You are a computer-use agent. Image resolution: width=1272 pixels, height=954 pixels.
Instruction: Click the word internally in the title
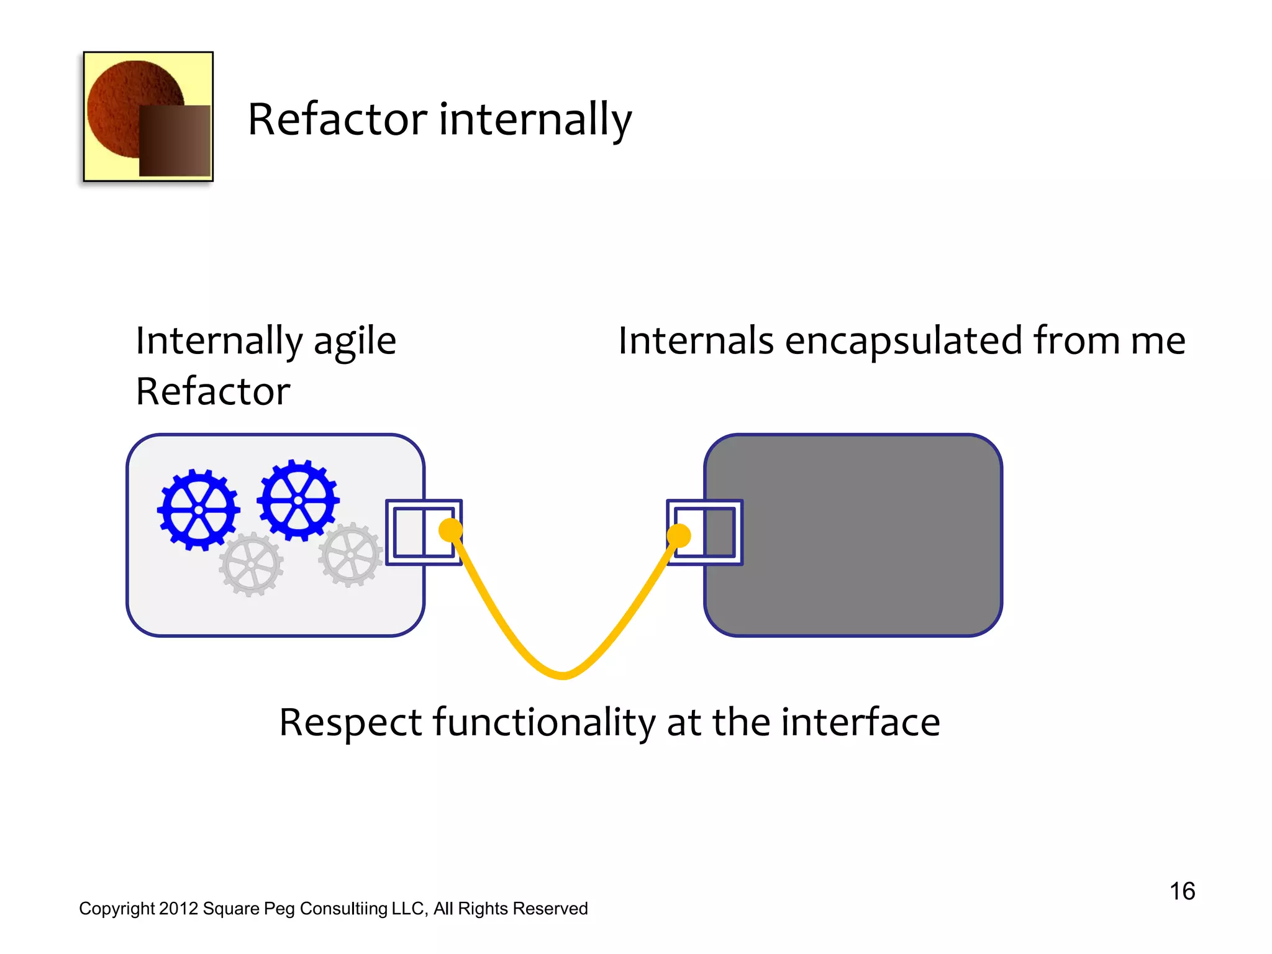(x=535, y=119)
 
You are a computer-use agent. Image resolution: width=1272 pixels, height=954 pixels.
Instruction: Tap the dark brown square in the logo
(x=175, y=140)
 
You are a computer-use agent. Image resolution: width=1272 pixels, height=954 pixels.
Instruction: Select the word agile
(x=354, y=342)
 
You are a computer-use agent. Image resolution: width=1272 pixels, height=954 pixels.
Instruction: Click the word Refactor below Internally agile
(x=213, y=392)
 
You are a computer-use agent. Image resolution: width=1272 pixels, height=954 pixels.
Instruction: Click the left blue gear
(x=199, y=510)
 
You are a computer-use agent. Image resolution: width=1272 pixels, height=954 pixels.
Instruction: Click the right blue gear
(x=298, y=500)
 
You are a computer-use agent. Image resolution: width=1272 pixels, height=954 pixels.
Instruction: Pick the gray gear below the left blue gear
(x=251, y=565)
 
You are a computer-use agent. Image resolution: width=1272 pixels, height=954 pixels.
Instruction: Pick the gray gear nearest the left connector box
(x=350, y=555)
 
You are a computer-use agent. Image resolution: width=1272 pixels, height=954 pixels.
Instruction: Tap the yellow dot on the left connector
(x=451, y=530)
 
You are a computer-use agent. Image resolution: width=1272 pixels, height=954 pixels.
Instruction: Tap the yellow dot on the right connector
(x=679, y=535)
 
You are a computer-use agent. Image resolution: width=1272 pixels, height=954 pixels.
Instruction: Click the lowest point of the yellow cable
(x=563, y=675)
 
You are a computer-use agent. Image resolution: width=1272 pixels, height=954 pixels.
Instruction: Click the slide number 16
(x=1182, y=891)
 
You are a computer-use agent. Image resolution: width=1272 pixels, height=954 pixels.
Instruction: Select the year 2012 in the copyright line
(x=178, y=909)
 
